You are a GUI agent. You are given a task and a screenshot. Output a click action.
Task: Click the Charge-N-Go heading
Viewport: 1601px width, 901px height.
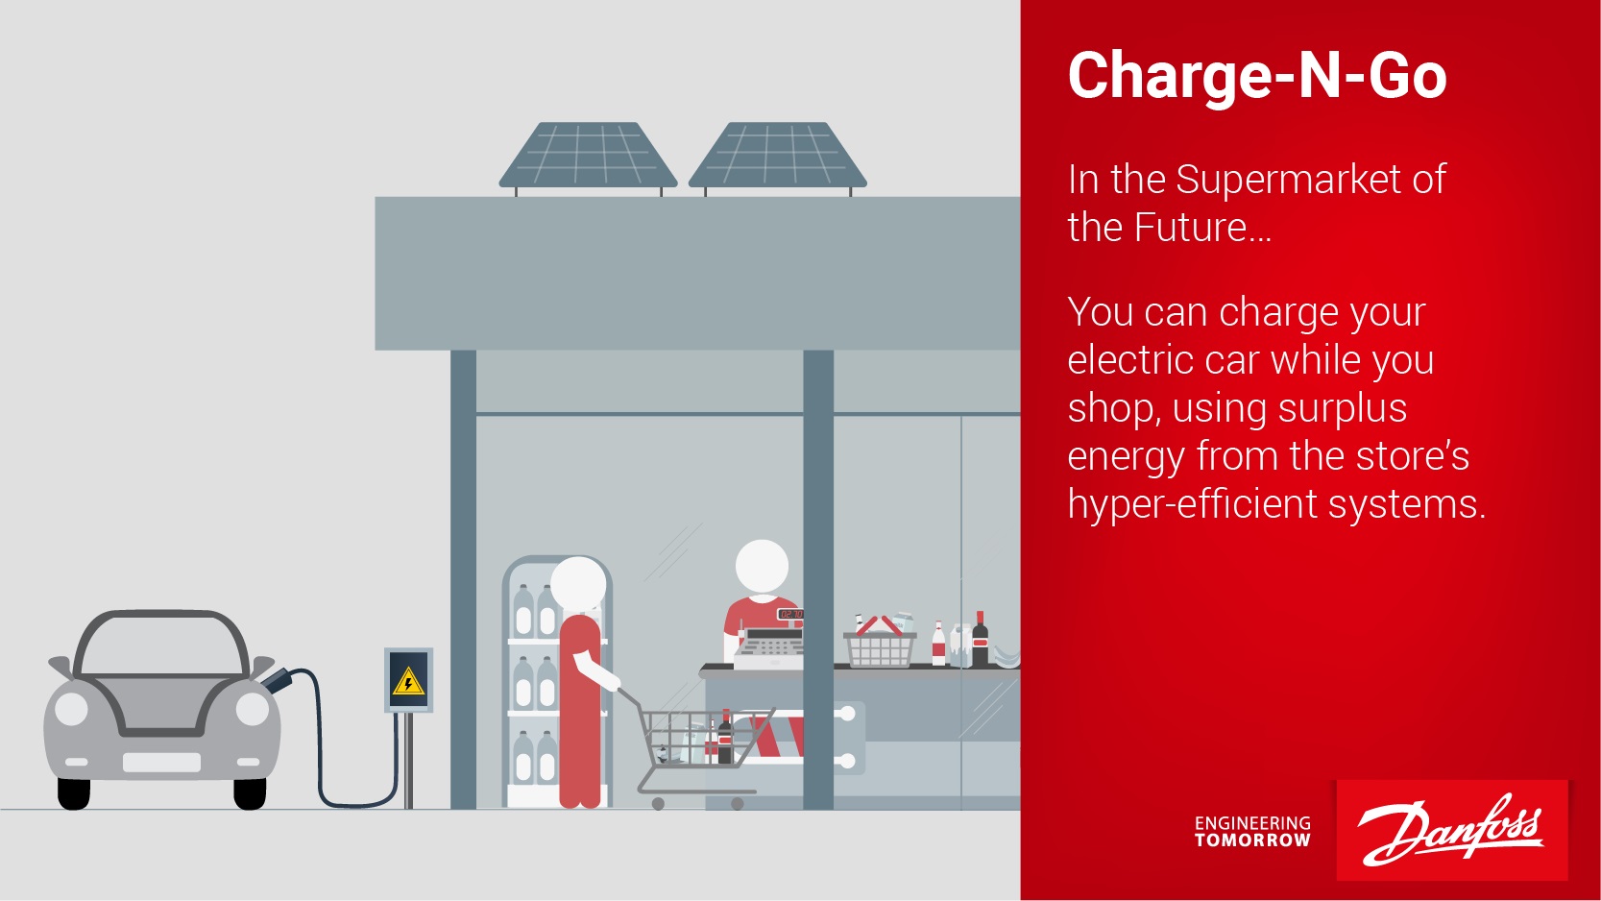tap(1257, 76)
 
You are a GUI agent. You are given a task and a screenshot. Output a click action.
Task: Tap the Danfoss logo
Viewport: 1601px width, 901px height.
tap(1451, 830)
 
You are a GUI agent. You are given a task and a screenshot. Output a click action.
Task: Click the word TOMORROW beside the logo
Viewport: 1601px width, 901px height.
tap(1252, 840)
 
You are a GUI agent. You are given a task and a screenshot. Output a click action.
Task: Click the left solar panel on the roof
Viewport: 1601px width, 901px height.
tap(588, 156)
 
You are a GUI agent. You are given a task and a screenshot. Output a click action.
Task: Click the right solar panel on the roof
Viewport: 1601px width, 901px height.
tap(778, 156)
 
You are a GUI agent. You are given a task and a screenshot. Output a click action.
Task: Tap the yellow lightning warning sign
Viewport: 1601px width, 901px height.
tap(408, 681)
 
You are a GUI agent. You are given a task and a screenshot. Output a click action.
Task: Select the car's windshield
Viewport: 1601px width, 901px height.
tap(162, 645)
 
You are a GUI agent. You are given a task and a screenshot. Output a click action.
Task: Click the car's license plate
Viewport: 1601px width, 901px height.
tap(161, 763)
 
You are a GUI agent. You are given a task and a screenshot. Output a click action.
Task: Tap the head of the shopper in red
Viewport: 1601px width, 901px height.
tap(578, 584)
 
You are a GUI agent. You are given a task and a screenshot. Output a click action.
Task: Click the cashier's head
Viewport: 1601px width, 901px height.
tap(762, 567)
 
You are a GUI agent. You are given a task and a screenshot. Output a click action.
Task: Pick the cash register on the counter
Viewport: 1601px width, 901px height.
tap(769, 646)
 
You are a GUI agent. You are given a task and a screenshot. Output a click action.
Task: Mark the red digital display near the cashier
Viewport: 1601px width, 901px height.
tap(790, 614)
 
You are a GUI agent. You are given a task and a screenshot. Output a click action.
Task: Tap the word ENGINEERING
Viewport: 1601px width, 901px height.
tap(1252, 824)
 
